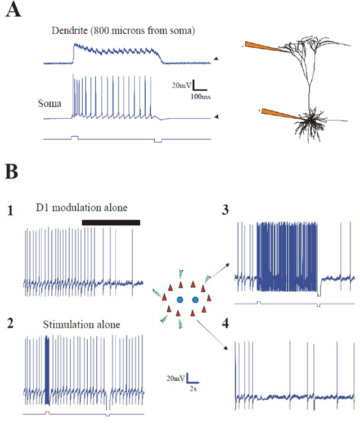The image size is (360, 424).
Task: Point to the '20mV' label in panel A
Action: (181, 86)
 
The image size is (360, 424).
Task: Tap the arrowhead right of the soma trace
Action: (217, 117)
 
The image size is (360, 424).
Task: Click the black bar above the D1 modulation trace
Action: (111, 223)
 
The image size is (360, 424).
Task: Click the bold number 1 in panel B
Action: (11, 212)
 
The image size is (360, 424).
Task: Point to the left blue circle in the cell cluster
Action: (180, 298)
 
